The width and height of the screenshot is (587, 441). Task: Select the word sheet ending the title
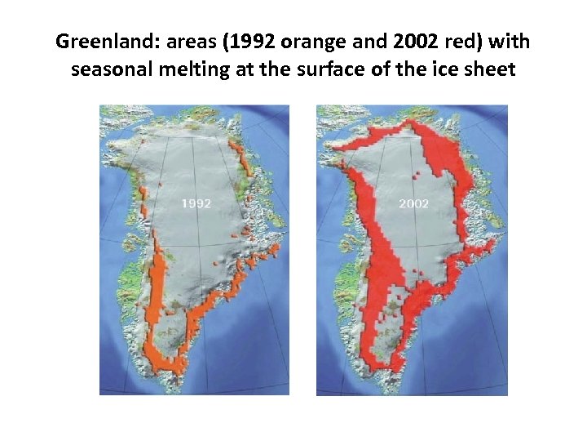coord(490,69)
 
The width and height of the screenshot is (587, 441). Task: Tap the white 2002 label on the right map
coord(413,203)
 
